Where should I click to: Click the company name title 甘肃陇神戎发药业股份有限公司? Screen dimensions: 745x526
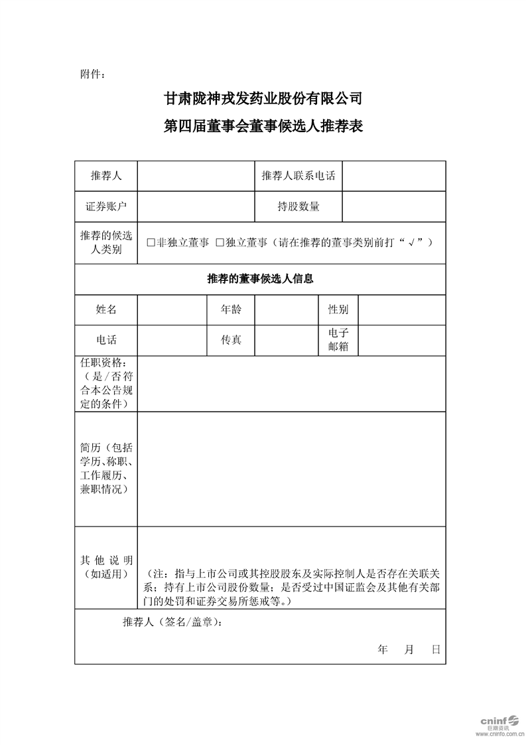pyautogui.click(x=263, y=100)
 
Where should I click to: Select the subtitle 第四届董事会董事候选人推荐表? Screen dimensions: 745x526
pyautogui.click(x=263, y=126)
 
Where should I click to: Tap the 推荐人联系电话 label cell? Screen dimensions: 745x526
pyautogui.click(x=298, y=176)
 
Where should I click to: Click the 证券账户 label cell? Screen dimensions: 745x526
pyautogui.click(x=106, y=206)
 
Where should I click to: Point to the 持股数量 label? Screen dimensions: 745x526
pyautogui.click(x=298, y=206)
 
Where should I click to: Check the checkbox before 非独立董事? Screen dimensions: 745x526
pyautogui.click(x=151, y=243)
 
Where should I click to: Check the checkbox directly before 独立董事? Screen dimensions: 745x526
pyautogui.click(x=220, y=243)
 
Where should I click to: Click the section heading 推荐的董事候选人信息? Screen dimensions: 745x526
pyautogui.click(x=260, y=279)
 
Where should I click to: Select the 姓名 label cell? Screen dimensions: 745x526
pyautogui.click(x=106, y=309)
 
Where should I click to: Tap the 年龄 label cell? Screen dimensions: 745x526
pyautogui.click(x=231, y=309)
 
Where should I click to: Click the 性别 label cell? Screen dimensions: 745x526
pyautogui.click(x=338, y=309)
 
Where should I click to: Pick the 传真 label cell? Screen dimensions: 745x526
pyautogui.click(x=231, y=340)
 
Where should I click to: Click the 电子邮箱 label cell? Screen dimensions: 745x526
pyautogui.click(x=338, y=340)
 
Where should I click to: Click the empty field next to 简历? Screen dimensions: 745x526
pyautogui.click(x=291, y=468)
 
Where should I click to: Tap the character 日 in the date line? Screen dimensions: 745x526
pyautogui.click(x=435, y=649)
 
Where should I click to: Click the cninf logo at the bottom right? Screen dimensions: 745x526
pyautogui.click(x=497, y=720)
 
